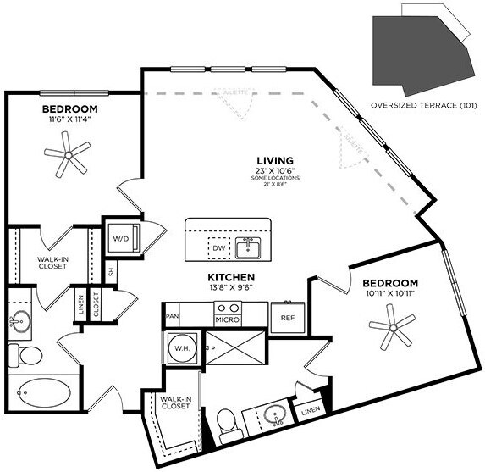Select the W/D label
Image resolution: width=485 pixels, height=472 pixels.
(120, 238)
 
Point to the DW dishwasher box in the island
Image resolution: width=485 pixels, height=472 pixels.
(218, 248)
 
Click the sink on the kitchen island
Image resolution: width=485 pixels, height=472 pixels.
(249, 247)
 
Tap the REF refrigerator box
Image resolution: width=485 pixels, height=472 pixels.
(286, 319)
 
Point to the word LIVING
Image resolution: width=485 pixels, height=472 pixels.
(276, 160)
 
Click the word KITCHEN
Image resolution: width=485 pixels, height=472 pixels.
(231, 276)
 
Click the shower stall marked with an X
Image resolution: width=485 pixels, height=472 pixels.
(232, 347)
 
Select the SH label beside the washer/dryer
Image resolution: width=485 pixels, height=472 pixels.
(110, 272)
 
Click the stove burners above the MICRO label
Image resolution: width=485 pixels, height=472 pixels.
(227, 308)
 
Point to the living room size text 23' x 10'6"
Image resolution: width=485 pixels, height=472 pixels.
(277, 171)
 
